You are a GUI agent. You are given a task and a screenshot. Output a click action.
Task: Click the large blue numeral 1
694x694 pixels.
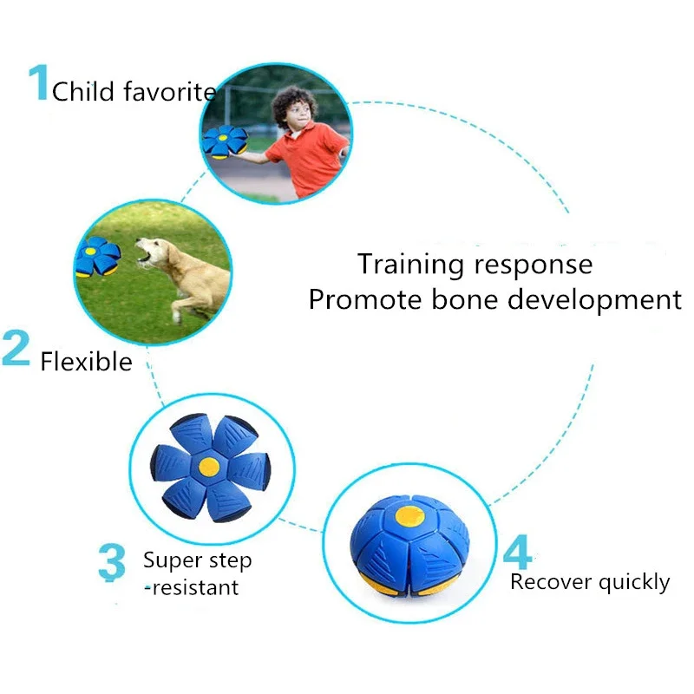pos(39,82)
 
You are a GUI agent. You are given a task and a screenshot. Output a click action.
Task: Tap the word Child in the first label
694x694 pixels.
pos(83,92)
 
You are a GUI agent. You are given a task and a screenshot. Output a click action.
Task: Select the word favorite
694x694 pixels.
pos(170,92)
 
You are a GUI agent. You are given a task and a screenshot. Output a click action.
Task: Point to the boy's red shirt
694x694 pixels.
pos(308,157)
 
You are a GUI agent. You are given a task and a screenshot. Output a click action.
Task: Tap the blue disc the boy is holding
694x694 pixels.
pos(225,141)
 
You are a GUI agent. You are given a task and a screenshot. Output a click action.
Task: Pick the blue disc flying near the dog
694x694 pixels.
pos(97,257)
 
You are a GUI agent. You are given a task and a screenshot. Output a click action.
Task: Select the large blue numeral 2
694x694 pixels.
pos(16,348)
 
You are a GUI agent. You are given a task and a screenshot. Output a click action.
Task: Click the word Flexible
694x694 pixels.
pos(86,362)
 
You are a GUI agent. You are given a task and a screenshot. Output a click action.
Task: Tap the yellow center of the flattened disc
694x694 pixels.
pos(209,467)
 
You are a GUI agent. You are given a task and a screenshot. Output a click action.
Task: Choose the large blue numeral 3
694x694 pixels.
pos(112,561)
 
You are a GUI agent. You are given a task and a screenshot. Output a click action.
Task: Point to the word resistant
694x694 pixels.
pos(195,588)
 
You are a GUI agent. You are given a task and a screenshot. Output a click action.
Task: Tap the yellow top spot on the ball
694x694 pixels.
pos(409,516)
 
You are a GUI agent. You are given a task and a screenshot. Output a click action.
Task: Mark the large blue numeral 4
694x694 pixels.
pos(518,552)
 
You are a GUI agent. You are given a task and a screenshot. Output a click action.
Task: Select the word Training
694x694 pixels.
pos(410,265)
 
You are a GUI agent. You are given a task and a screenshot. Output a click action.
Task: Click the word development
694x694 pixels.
pos(594,301)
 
